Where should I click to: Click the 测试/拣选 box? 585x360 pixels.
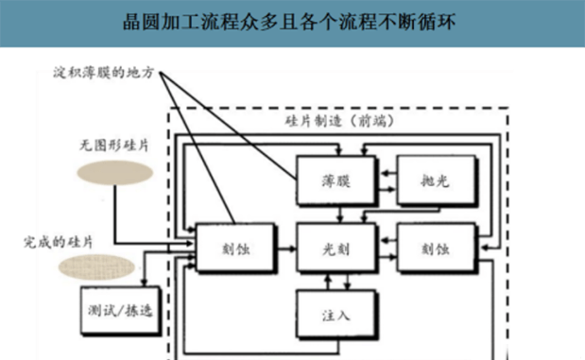click(x=111, y=312)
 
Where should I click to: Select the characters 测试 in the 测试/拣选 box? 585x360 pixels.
click(x=95, y=312)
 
